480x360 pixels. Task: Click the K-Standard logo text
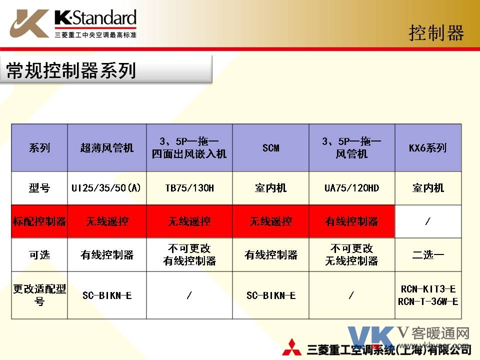95,18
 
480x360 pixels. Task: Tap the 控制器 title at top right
436,33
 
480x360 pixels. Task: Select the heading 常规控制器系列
71,70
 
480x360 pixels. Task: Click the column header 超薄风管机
107,148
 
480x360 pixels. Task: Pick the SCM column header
271,148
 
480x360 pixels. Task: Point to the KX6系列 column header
428,148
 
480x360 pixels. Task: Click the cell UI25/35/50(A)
106,187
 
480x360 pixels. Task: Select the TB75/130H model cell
189,187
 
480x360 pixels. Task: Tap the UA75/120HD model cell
351,187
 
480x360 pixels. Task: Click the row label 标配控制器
39,221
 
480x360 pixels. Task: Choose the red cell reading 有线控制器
351,221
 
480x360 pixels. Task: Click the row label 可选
39,254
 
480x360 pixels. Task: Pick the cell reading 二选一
428,254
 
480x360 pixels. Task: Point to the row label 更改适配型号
39,295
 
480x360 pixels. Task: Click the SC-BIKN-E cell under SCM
271,295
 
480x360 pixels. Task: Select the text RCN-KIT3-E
428,289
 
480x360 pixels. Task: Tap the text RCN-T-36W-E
428,302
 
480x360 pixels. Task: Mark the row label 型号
39,187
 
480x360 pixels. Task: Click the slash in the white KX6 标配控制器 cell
428,221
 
